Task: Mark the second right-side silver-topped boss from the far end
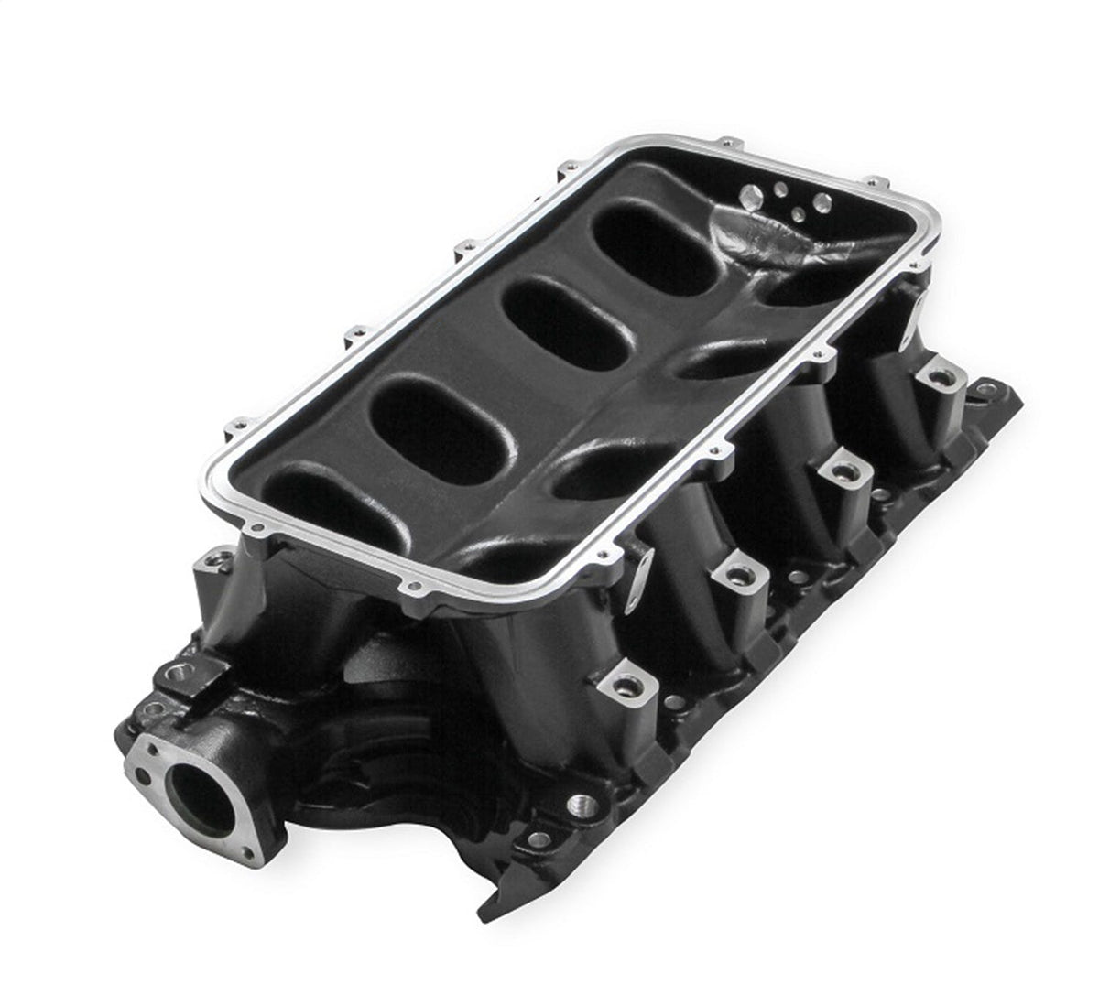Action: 837,470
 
